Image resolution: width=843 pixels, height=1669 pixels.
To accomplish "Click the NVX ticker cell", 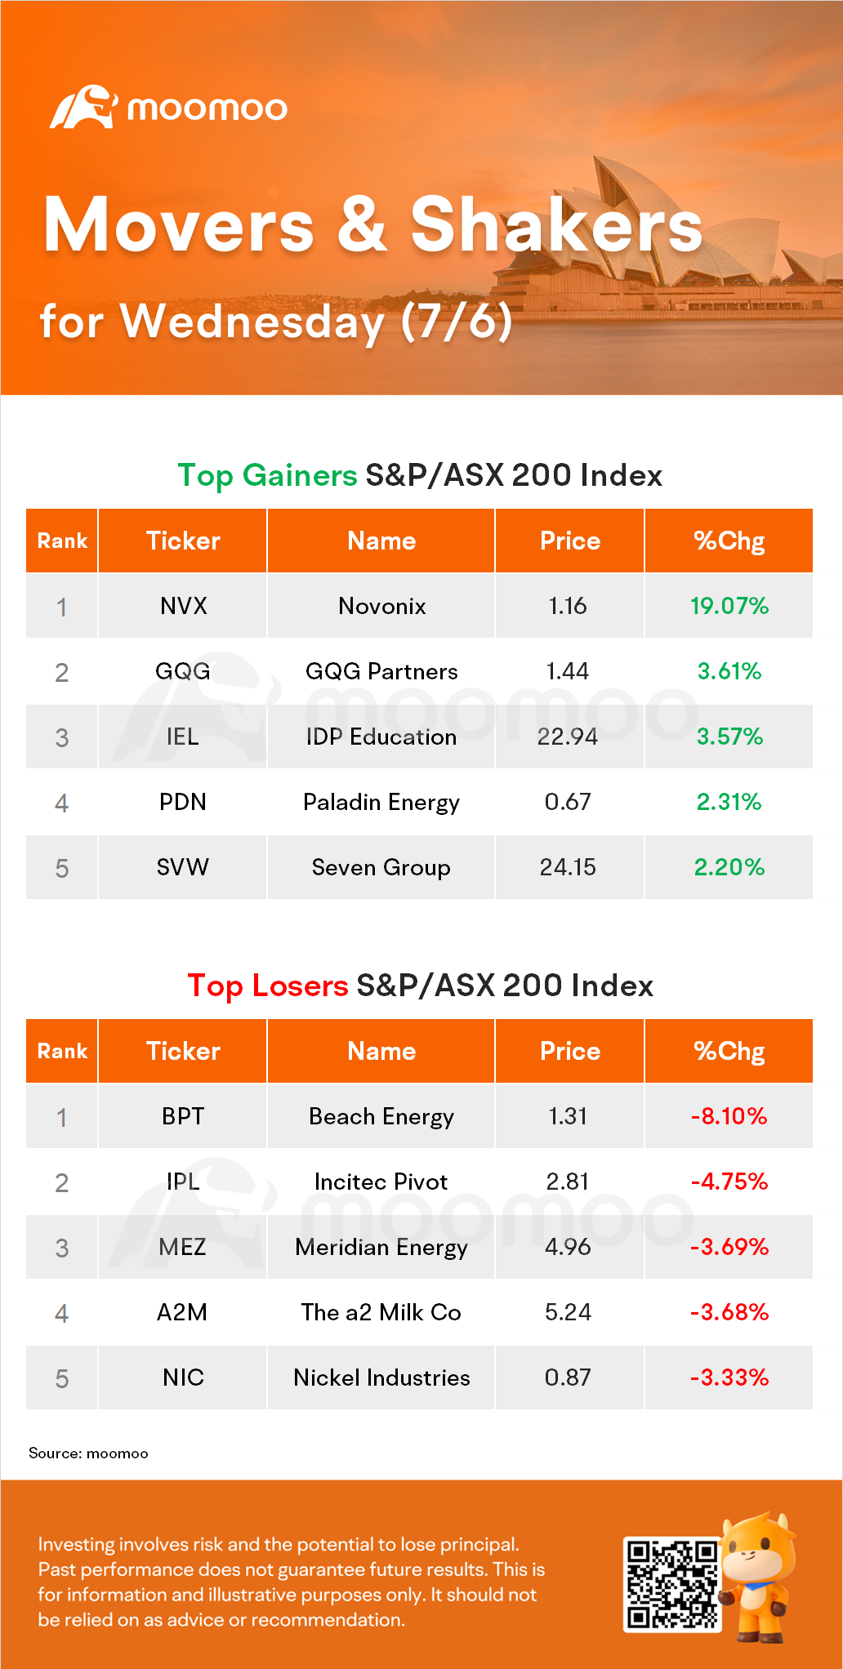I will [x=183, y=606].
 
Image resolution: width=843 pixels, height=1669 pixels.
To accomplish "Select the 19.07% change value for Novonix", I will [x=729, y=606].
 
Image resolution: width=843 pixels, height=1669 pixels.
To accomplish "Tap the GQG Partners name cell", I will [x=381, y=671].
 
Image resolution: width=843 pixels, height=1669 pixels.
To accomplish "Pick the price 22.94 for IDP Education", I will [x=568, y=737].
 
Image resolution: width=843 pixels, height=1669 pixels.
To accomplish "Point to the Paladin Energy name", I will [x=381, y=802].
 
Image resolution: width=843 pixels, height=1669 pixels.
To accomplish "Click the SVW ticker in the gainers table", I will [x=183, y=867].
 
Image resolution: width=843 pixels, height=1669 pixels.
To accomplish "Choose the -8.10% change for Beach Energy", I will [x=729, y=1116].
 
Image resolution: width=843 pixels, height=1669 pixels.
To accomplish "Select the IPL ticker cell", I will [x=183, y=1182].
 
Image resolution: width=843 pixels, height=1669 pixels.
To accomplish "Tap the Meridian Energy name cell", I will [x=381, y=1247].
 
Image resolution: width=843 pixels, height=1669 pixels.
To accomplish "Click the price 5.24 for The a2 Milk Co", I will [x=568, y=1312].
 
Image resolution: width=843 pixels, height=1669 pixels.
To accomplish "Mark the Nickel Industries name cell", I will [x=381, y=1377].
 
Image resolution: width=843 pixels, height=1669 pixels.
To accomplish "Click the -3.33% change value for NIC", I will [x=729, y=1377].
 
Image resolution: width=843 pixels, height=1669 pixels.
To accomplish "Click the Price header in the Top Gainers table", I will [x=569, y=541].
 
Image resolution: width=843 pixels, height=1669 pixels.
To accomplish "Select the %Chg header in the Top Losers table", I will [x=729, y=1051].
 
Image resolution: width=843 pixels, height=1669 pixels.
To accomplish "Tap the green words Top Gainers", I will [x=267, y=475].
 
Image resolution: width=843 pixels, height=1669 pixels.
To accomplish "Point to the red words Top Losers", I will [x=267, y=986].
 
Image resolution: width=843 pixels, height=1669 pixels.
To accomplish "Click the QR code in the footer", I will [x=671, y=1584].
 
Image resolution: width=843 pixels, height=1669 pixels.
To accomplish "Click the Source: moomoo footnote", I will [x=88, y=1453].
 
